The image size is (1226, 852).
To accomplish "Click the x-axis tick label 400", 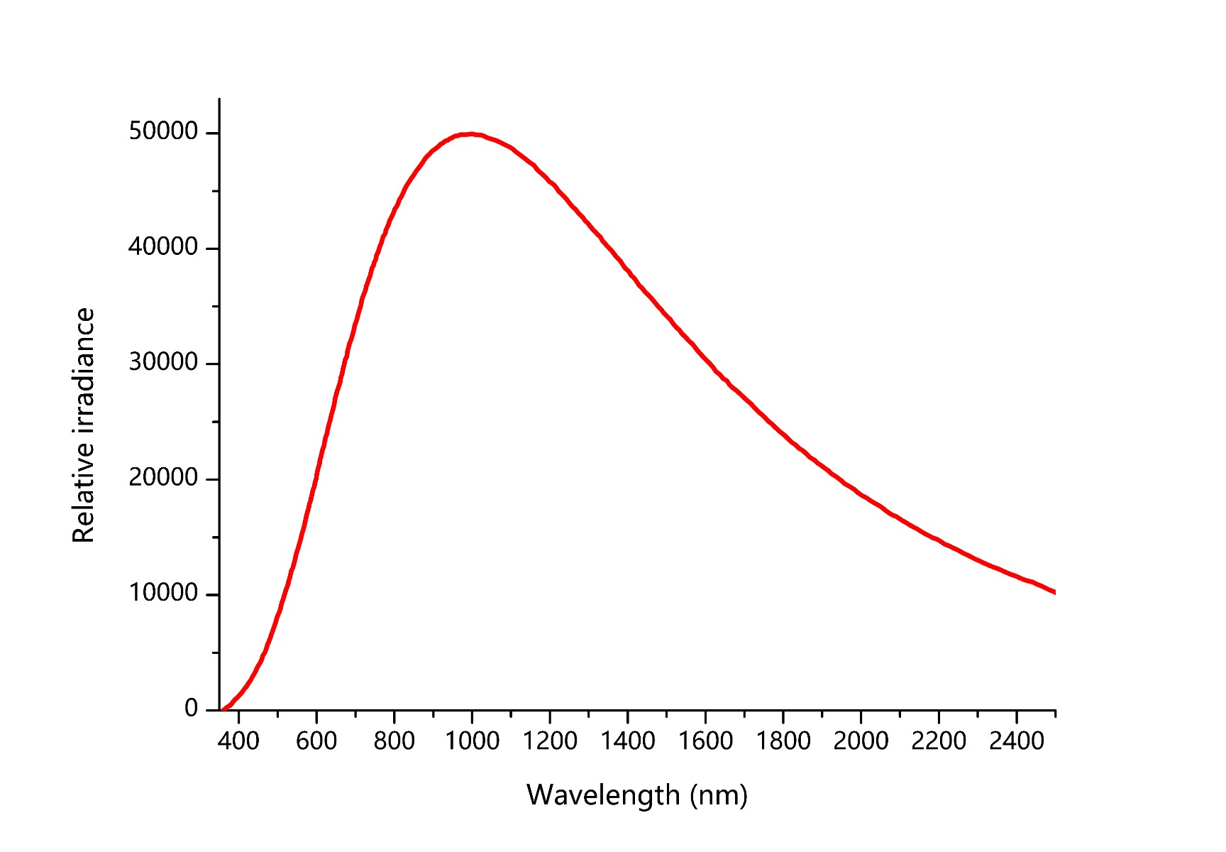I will click(238, 741).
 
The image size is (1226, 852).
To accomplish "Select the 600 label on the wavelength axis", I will click(316, 741).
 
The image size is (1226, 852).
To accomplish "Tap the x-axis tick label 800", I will click(394, 741).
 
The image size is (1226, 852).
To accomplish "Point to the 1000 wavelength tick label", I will click(472, 741).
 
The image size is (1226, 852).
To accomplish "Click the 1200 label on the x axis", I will click(550, 741).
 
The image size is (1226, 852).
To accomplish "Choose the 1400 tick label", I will click(628, 741).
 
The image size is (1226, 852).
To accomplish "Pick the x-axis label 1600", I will click(705, 741).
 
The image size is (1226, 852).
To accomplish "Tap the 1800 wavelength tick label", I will click(783, 741).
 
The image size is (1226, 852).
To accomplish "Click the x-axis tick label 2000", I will click(861, 741).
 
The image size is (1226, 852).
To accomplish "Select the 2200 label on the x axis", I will click(939, 741).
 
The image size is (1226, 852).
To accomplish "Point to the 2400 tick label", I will click(1017, 741).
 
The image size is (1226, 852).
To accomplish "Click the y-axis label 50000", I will click(163, 131).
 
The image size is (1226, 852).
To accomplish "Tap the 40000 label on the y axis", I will click(163, 247).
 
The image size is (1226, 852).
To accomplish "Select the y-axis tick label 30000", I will click(163, 362).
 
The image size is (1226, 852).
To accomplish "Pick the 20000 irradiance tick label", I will click(163, 478).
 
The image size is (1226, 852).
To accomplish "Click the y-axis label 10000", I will click(163, 593).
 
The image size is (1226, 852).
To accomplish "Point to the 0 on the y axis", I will click(191, 708).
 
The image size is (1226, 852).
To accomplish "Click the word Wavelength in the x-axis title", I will click(603, 794).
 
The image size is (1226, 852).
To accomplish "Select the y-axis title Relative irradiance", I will click(84, 425).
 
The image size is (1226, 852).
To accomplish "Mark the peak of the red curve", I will click(470, 134).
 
